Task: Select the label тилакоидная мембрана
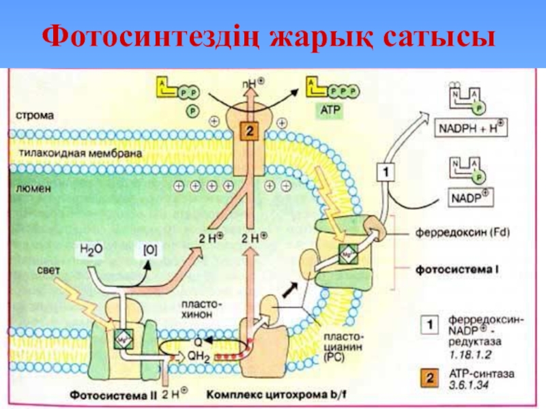point(81,154)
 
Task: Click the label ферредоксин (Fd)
point(463,232)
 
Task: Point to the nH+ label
point(253,87)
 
